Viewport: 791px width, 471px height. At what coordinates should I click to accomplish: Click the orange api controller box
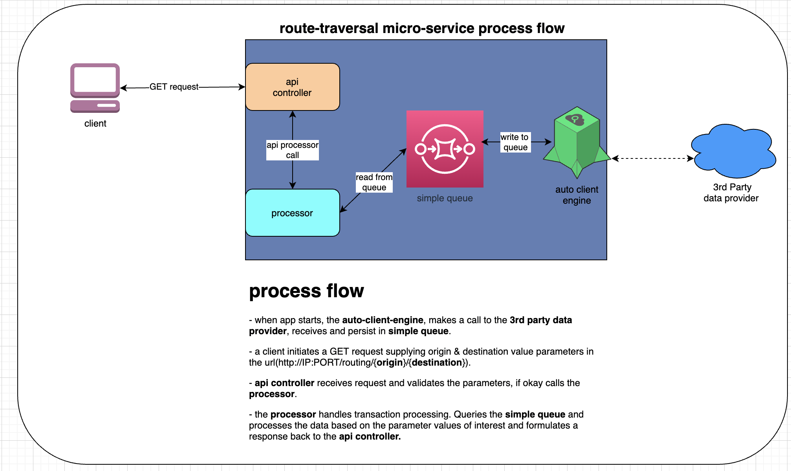point(292,87)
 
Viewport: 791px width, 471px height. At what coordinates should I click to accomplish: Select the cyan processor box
point(292,213)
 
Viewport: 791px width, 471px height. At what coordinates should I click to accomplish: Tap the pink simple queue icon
point(445,149)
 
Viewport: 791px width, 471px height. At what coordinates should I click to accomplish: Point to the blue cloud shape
point(733,151)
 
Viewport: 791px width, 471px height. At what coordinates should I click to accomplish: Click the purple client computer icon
point(95,88)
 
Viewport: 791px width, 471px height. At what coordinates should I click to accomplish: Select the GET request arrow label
point(174,87)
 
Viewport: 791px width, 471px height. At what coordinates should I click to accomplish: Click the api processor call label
point(292,150)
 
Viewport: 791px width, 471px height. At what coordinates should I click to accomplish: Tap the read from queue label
point(374,182)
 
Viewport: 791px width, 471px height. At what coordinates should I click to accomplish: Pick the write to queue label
point(515,142)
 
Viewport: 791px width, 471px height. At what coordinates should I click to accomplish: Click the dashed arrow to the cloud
point(652,158)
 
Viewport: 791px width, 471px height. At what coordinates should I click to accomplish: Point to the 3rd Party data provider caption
point(731,193)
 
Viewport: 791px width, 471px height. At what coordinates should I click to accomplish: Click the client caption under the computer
point(95,123)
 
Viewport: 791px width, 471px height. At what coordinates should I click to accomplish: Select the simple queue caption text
point(445,198)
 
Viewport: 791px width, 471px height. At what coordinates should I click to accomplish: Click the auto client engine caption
point(577,195)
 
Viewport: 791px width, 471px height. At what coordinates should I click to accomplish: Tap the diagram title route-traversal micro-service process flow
point(422,28)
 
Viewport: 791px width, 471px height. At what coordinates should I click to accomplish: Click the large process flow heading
point(306,291)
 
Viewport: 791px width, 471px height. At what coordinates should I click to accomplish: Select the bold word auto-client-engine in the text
point(383,320)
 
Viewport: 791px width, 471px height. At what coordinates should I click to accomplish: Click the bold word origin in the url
point(390,362)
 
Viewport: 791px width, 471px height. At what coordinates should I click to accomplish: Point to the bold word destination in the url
point(436,362)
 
